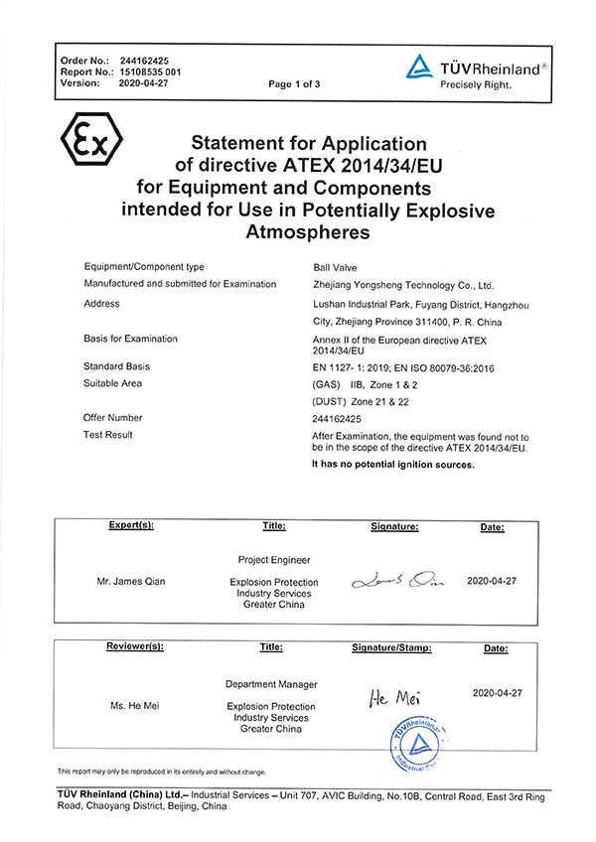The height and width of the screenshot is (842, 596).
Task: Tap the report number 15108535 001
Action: (x=151, y=72)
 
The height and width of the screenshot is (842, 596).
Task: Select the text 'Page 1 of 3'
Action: (x=294, y=84)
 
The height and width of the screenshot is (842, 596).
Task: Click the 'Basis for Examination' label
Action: (x=132, y=339)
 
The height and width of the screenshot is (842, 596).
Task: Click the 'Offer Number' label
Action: (x=113, y=418)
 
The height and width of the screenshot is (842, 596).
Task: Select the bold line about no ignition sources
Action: (x=393, y=464)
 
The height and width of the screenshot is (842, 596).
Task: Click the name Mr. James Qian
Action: (x=131, y=582)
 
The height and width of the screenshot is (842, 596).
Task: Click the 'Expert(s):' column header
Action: (x=131, y=526)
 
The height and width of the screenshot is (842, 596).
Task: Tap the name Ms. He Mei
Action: (x=134, y=706)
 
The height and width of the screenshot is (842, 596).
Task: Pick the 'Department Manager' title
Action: (x=271, y=684)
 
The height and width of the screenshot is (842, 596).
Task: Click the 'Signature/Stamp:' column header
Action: (x=392, y=648)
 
